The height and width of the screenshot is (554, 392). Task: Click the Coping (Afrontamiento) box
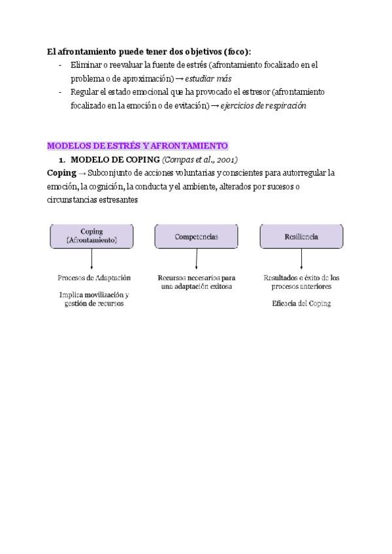(x=91, y=236)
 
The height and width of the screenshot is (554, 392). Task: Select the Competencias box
(x=197, y=236)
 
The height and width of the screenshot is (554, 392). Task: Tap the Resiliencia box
(x=301, y=236)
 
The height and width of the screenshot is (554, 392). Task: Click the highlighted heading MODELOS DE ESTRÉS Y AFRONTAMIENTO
(x=137, y=146)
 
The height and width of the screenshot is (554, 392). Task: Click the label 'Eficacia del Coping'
(x=301, y=303)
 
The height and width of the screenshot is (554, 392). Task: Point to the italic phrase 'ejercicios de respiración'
(x=263, y=105)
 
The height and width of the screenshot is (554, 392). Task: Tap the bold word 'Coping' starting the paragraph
(x=61, y=173)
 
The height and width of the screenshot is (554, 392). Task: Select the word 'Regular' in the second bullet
(x=85, y=92)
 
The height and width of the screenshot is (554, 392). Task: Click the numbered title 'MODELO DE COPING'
(x=115, y=159)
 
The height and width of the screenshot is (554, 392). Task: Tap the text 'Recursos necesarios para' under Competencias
(x=197, y=278)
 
